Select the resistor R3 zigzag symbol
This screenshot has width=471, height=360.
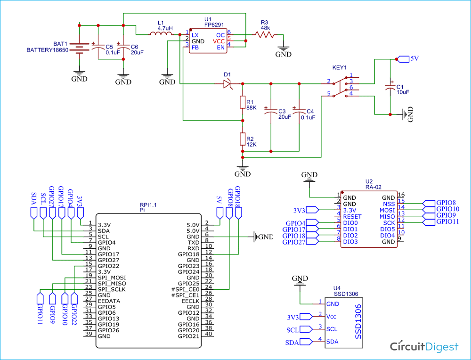[264, 34]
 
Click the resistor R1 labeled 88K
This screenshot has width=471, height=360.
[243, 102]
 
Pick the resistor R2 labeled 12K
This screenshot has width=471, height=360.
[243, 139]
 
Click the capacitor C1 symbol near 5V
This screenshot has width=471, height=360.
[390, 88]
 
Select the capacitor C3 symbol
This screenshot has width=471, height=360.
[271, 112]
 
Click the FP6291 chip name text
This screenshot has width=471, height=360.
[208, 26]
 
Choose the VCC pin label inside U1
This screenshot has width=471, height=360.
[219, 41]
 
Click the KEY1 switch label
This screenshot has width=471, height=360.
[340, 67]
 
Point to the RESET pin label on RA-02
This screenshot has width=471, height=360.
[352, 216]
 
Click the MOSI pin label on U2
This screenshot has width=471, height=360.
[388, 210]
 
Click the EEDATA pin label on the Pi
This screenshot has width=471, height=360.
[109, 301]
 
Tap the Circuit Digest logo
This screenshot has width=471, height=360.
[424, 347]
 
